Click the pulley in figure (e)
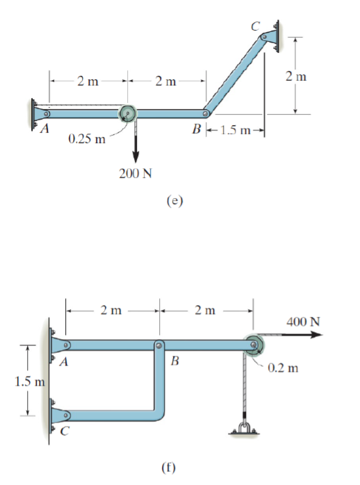coord(128,113)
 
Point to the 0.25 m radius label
coord(87,139)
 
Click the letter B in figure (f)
coord(174,362)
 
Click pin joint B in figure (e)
coord(206,113)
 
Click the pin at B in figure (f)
coord(159,345)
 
